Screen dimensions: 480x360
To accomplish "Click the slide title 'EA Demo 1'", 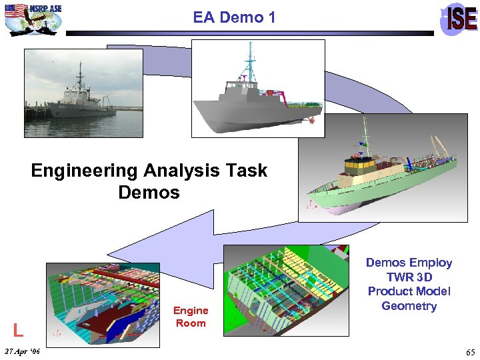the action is (234, 17).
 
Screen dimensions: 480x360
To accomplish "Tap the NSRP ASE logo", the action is (33, 18).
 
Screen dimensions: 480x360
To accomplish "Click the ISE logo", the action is (460, 19).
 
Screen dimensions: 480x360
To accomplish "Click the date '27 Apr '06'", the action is (22, 351).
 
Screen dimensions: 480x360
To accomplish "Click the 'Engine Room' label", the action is (191, 317).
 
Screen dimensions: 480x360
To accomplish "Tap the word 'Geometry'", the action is (409, 306).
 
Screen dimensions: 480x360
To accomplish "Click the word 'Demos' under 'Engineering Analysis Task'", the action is (149, 193).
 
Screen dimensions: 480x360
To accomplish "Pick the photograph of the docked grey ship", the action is (84, 93).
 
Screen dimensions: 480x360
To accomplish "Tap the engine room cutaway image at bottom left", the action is (103, 304).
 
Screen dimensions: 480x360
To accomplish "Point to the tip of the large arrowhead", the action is (109, 253).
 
